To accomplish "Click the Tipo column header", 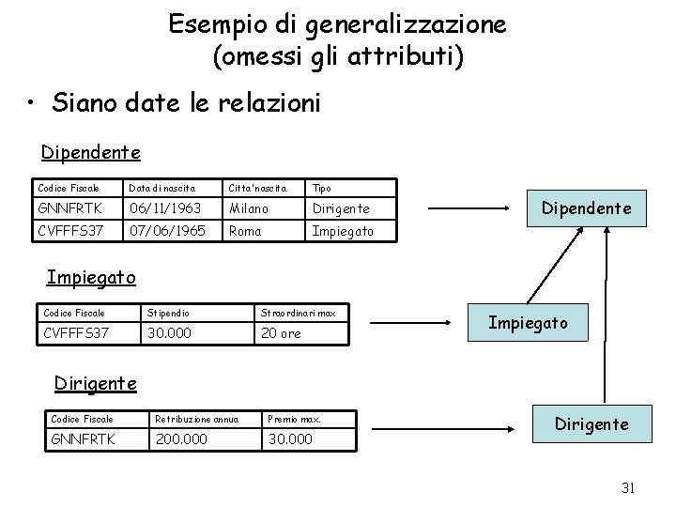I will point(321,188).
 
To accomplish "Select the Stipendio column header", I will point(170,312).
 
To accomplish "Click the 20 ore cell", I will point(282,333).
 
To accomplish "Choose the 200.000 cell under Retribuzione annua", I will point(181,439).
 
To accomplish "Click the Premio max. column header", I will point(296,419).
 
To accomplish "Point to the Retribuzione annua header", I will point(196,419).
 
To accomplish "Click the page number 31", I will point(629,487).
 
